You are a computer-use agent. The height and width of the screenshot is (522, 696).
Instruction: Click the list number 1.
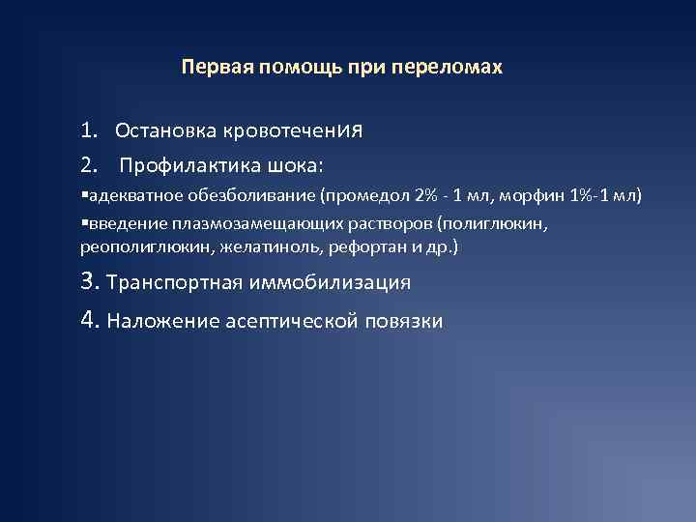[x=88, y=130]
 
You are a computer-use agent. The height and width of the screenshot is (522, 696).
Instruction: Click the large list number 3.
[x=90, y=282]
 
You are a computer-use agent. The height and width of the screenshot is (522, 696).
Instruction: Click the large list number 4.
[x=90, y=320]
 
